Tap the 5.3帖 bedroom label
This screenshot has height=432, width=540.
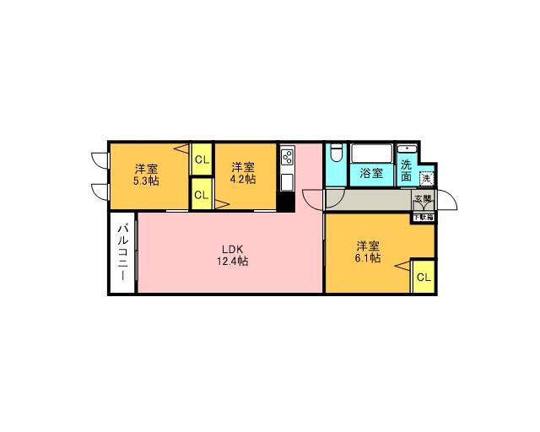coord(146,174)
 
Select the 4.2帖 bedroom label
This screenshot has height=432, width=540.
coord(244,173)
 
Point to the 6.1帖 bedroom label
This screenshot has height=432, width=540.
coord(367,252)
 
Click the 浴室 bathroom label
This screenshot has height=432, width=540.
coord(371,174)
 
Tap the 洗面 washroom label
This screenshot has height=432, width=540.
coord(407,171)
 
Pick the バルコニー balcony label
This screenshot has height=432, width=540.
coord(121,252)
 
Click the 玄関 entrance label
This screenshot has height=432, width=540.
coord(423,200)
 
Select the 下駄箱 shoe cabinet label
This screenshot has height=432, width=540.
coord(423,216)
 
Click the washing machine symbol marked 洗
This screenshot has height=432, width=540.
coord(427,178)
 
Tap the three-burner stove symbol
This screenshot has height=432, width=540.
coord(287,158)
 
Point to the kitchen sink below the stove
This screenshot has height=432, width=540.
coord(287,182)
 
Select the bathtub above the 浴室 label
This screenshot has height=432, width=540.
coord(371,154)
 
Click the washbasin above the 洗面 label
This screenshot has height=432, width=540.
coord(408,148)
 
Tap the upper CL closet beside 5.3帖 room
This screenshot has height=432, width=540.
coord(201,159)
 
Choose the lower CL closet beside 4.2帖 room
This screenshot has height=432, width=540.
coord(201,195)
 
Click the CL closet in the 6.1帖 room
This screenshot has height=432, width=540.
coord(423,277)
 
